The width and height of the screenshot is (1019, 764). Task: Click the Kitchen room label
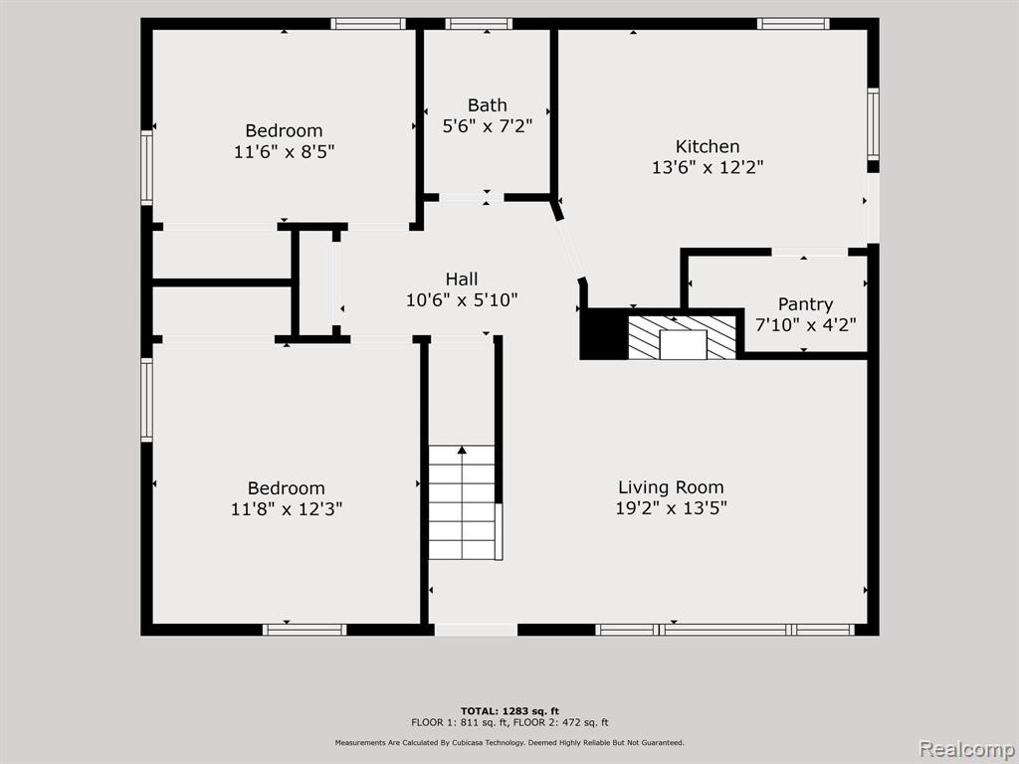coord(708,146)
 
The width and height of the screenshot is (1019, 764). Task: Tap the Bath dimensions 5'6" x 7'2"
coord(488,126)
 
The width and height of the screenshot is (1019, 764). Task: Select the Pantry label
coord(805,304)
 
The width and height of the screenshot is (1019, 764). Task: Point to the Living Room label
coord(671,487)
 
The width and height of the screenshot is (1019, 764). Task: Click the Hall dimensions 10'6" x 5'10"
coord(462,300)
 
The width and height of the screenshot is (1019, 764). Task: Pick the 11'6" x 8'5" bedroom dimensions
coord(284,152)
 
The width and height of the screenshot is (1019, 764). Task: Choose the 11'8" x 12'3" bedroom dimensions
coord(286,508)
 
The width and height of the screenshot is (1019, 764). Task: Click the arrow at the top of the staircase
coord(462,450)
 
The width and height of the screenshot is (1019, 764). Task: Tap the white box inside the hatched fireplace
coord(683,344)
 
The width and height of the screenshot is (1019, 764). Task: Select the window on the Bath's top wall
coord(479,24)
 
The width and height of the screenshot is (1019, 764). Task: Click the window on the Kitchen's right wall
coord(873,123)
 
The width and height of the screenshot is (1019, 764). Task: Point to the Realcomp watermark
coord(967,749)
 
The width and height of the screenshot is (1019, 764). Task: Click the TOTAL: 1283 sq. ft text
coord(509,710)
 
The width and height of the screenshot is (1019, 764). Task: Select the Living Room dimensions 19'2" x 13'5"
coord(671,508)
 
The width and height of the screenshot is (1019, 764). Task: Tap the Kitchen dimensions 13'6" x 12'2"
coord(708,167)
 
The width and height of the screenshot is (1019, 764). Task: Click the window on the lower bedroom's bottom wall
coord(305,630)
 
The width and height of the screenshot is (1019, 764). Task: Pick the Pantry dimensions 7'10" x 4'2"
coord(805,324)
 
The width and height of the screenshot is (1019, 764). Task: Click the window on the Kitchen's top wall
coord(793,24)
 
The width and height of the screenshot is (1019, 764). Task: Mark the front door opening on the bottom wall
coord(476,630)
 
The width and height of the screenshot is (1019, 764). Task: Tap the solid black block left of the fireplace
coord(604,334)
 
